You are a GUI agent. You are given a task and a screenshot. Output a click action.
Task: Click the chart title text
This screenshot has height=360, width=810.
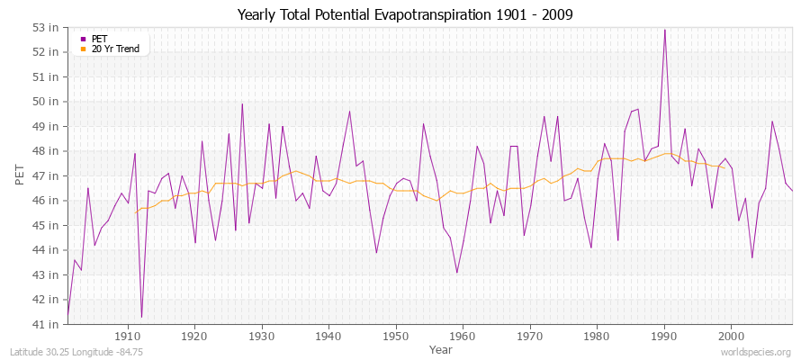pyautogui.click(x=405, y=14)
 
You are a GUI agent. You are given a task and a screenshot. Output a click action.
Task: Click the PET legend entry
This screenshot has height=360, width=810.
pyautogui.click(x=99, y=39)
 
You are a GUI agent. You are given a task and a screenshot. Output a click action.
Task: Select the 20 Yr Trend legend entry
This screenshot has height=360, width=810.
pyautogui.click(x=115, y=49)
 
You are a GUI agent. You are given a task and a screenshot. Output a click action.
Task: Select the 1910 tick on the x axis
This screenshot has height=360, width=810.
pyautogui.click(x=128, y=337)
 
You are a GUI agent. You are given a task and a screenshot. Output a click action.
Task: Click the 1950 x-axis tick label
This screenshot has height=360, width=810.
pyautogui.click(x=395, y=337)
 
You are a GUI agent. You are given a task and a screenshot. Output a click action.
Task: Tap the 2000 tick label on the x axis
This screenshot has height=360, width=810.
pyautogui.click(x=730, y=337)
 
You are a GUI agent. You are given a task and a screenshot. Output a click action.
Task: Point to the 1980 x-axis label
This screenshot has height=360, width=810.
pyautogui.click(x=596, y=337)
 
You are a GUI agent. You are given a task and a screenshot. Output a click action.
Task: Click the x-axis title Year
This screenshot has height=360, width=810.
pyautogui.click(x=441, y=348)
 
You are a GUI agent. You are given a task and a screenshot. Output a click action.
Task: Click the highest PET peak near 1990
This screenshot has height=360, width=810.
pyautogui.click(x=664, y=30)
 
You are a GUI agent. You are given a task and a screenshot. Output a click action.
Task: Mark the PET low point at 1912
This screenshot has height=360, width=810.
pyautogui.click(x=141, y=317)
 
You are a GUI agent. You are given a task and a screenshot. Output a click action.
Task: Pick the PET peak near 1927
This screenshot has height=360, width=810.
pyautogui.click(x=242, y=103)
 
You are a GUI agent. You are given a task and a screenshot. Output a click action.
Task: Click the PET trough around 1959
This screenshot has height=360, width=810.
pyautogui.click(x=456, y=272)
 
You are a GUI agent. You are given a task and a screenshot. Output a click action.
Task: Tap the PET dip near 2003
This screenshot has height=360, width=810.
pyautogui.click(x=751, y=257)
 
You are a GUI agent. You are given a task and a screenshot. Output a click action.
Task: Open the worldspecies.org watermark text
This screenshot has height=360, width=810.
pyautogui.click(x=755, y=352)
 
